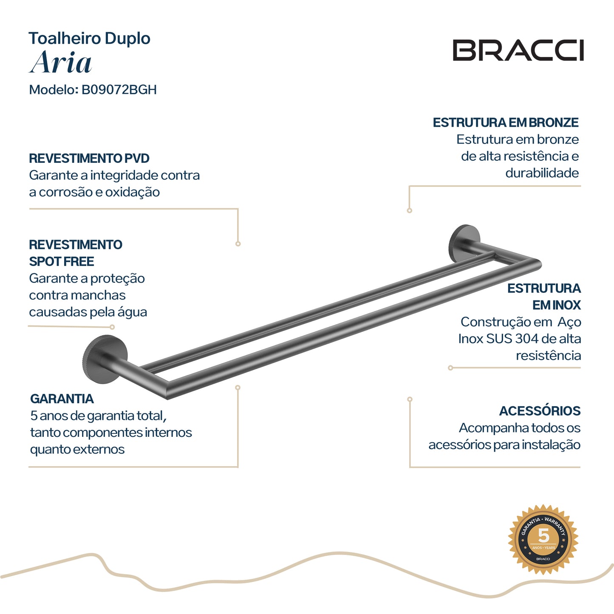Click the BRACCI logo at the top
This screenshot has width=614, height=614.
click(518, 50)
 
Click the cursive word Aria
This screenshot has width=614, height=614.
click(60, 62)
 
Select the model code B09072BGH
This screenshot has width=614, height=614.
click(119, 90)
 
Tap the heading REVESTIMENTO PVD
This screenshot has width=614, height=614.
click(89, 158)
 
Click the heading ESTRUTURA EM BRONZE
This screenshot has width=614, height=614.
click(506, 123)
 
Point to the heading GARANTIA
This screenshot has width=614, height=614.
click(62, 399)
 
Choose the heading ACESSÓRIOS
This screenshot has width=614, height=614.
click(540, 410)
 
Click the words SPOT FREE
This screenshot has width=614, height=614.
click(62, 261)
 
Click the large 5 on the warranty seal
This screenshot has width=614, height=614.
click(543, 536)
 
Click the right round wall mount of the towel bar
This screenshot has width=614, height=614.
click(464, 244)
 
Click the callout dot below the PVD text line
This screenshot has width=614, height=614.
click(238, 244)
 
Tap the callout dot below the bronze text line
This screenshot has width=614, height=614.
click(410, 211)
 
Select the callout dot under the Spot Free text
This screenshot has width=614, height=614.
click(112, 327)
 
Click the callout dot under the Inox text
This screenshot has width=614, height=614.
click(450, 368)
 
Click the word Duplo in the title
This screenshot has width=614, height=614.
click(127, 39)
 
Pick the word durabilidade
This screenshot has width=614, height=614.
click(542, 173)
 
